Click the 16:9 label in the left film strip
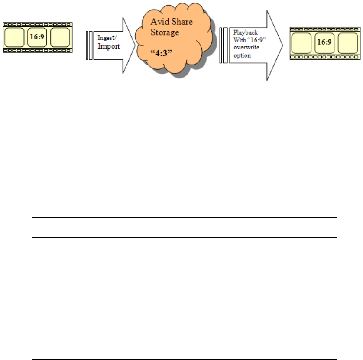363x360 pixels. coord(36,37)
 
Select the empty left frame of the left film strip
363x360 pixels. coord(14,38)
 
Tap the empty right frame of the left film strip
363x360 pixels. coord(59,38)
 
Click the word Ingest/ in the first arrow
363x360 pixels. coord(105,39)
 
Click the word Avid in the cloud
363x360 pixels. coord(159,22)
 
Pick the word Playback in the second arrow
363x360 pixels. coord(243,33)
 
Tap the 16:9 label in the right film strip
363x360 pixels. coord(324,42)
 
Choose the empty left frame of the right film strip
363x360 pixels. coord(301,43)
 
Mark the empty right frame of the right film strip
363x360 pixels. coord(347,43)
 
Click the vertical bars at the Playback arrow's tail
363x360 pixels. coord(224,45)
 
